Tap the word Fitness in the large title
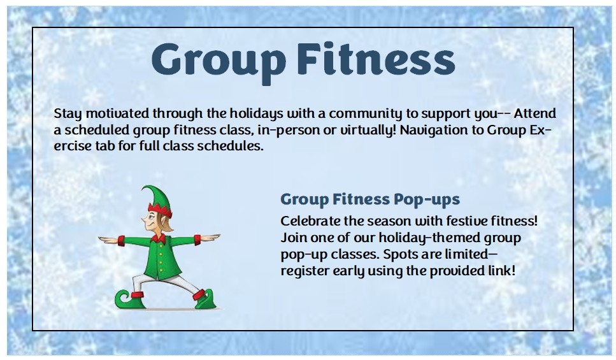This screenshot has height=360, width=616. point(376,60)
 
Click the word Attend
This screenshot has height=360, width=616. point(534,114)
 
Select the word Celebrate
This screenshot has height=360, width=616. point(307,221)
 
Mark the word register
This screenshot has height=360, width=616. point(302,271)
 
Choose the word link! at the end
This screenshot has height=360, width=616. point(499,271)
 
